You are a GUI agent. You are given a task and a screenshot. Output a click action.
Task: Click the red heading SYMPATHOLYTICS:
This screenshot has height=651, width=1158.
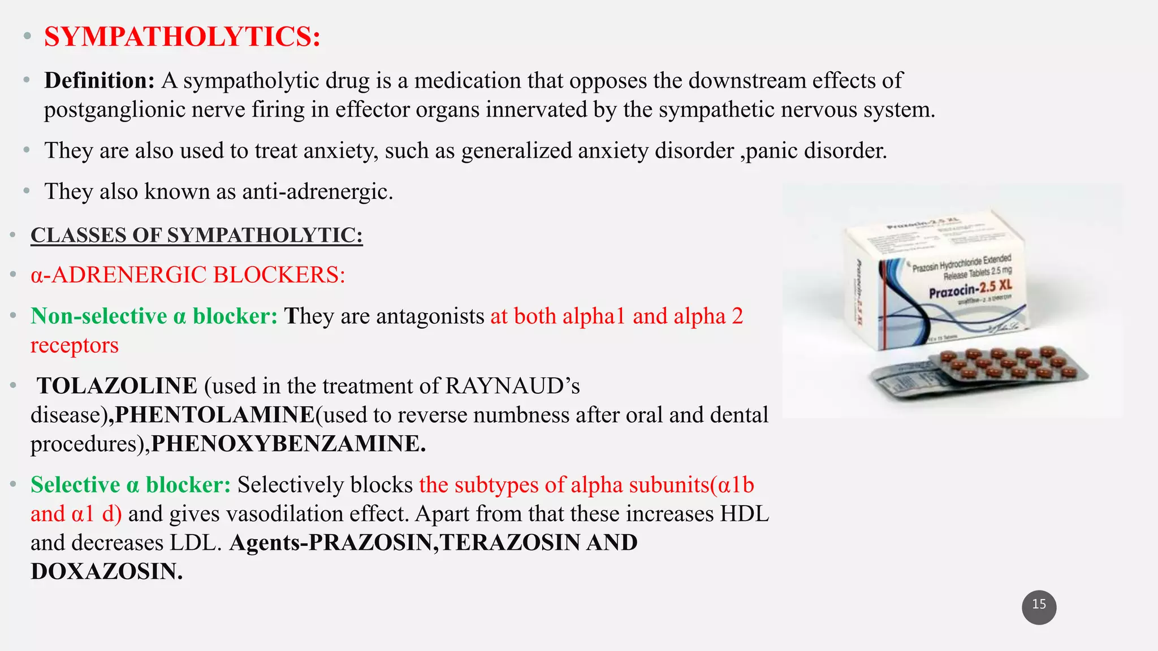[182, 37]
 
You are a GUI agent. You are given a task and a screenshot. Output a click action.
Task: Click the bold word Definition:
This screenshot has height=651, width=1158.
[99, 81]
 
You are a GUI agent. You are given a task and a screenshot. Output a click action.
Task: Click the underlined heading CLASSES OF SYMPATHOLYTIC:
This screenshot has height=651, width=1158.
[196, 235]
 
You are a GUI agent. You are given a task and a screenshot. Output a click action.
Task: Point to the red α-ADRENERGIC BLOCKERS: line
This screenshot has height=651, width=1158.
[188, 275]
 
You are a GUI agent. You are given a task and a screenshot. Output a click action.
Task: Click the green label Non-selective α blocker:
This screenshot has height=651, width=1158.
[154, 316]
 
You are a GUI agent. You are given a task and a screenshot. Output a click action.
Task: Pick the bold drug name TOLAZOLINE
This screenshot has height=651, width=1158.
[117, 386]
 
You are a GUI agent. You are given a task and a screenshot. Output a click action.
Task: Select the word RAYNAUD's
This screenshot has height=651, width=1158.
[512, 386]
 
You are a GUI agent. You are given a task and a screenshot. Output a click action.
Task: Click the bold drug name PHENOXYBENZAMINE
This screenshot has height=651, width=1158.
[288, 444]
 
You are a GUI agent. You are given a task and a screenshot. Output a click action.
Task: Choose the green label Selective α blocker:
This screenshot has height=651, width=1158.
[131, 485]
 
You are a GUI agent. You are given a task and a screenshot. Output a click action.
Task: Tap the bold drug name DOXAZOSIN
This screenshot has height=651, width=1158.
[106, 571]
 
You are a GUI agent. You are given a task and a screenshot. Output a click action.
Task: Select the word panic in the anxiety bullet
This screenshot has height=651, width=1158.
[772, 151]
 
